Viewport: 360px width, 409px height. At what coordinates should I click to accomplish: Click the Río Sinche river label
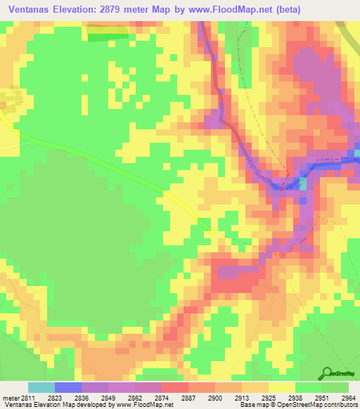point(262,171)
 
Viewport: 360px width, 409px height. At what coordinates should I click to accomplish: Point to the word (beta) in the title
point(303,9)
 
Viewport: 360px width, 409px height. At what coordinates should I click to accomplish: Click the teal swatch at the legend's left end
point(41,387)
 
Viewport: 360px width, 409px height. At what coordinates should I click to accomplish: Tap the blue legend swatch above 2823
point(68,387)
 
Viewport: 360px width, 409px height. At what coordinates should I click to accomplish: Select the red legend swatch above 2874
point(175,387)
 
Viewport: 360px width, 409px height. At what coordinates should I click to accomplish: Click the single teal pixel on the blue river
point(303,183)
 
